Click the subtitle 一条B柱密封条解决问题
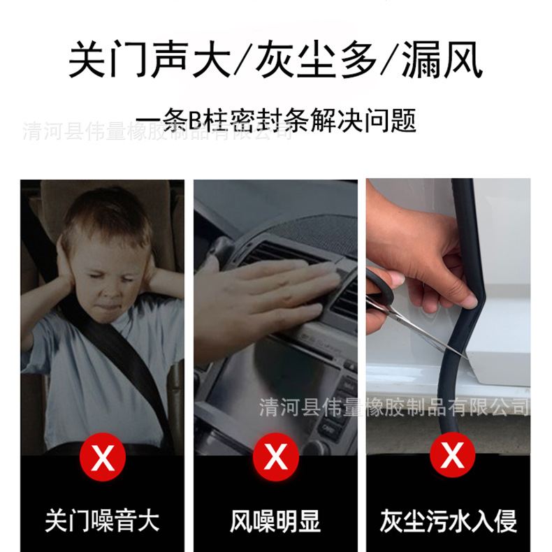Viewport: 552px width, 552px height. (x=276, y=120)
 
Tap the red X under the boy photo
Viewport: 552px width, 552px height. (x=103, y=457)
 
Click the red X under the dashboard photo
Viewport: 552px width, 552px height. (x=277, y=457)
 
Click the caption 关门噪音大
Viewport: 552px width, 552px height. (x=103, y=521)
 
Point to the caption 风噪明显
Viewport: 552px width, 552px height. (x=276, y=521)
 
